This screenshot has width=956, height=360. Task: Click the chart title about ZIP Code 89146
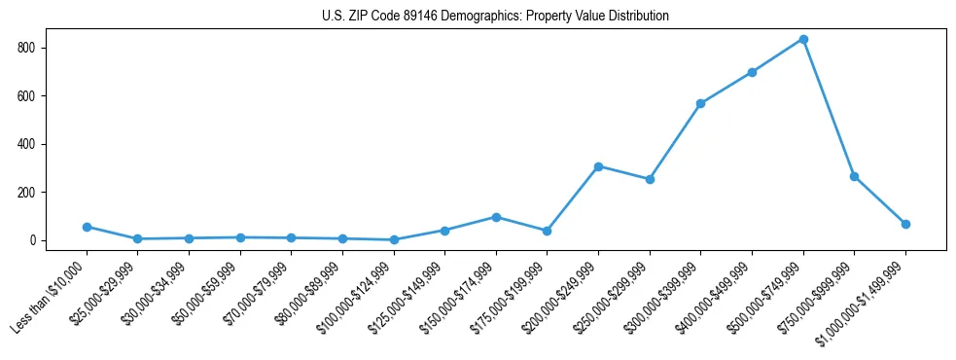point(495,16)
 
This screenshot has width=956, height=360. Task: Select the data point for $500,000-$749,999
point(803,40)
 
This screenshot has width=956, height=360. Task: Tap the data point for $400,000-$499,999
point(752,72)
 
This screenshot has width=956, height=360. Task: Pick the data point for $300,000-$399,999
point(700,103)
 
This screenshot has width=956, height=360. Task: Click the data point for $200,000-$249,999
point(598,166)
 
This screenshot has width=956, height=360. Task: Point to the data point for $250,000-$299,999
point(650,179)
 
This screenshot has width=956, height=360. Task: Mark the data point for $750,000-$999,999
point(854,176)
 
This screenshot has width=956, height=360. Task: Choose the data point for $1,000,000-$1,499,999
point(905,224)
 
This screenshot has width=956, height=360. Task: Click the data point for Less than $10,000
point(87,227)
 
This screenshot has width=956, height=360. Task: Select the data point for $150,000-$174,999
point(496,217)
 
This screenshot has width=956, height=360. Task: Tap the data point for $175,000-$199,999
point(547,231)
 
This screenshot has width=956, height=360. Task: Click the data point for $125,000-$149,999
point(444,231)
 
